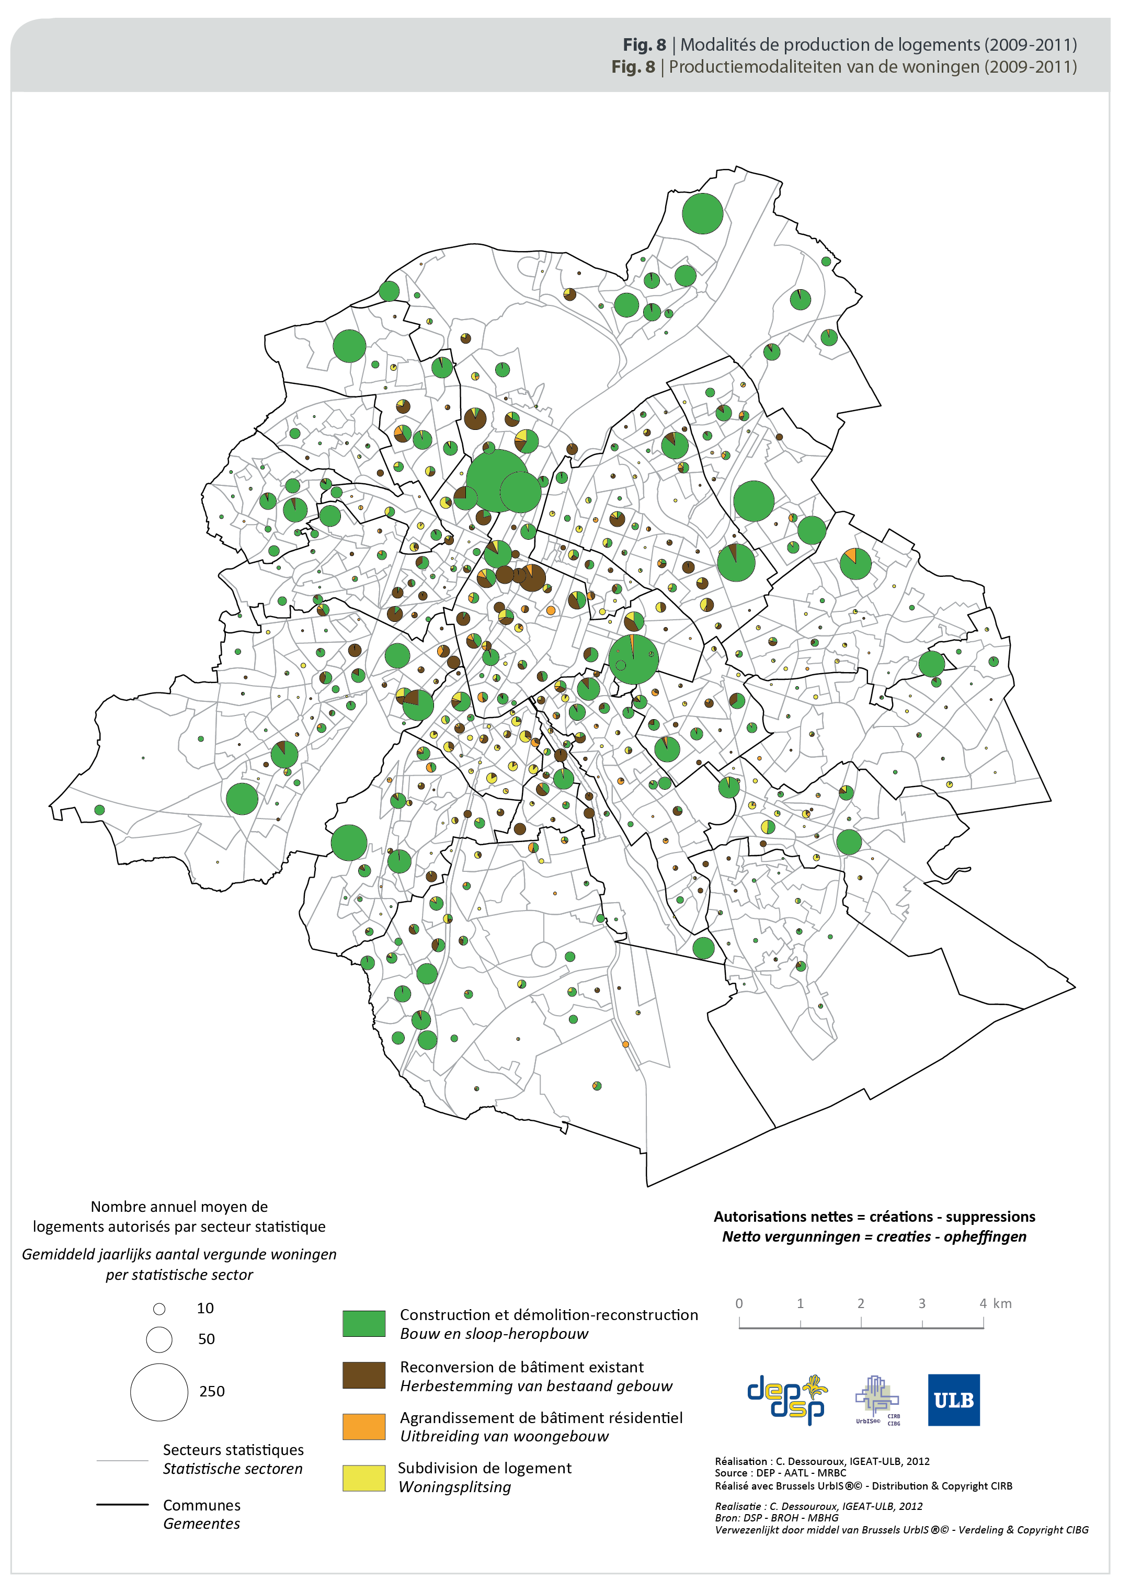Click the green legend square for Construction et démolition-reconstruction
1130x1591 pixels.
364,1323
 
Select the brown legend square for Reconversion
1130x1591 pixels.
364,1374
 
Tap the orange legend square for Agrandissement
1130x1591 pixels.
364,1426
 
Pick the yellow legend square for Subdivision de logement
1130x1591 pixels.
364,1478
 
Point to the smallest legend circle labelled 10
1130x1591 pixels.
159,1309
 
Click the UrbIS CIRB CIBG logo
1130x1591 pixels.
877,1400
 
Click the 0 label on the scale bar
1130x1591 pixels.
739,1303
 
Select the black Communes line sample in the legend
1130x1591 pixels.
122,1505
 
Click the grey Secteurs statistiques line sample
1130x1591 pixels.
122,1460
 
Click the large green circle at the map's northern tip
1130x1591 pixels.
702,214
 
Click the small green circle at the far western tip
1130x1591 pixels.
99,810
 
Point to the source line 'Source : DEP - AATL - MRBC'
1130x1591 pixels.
780,1473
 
